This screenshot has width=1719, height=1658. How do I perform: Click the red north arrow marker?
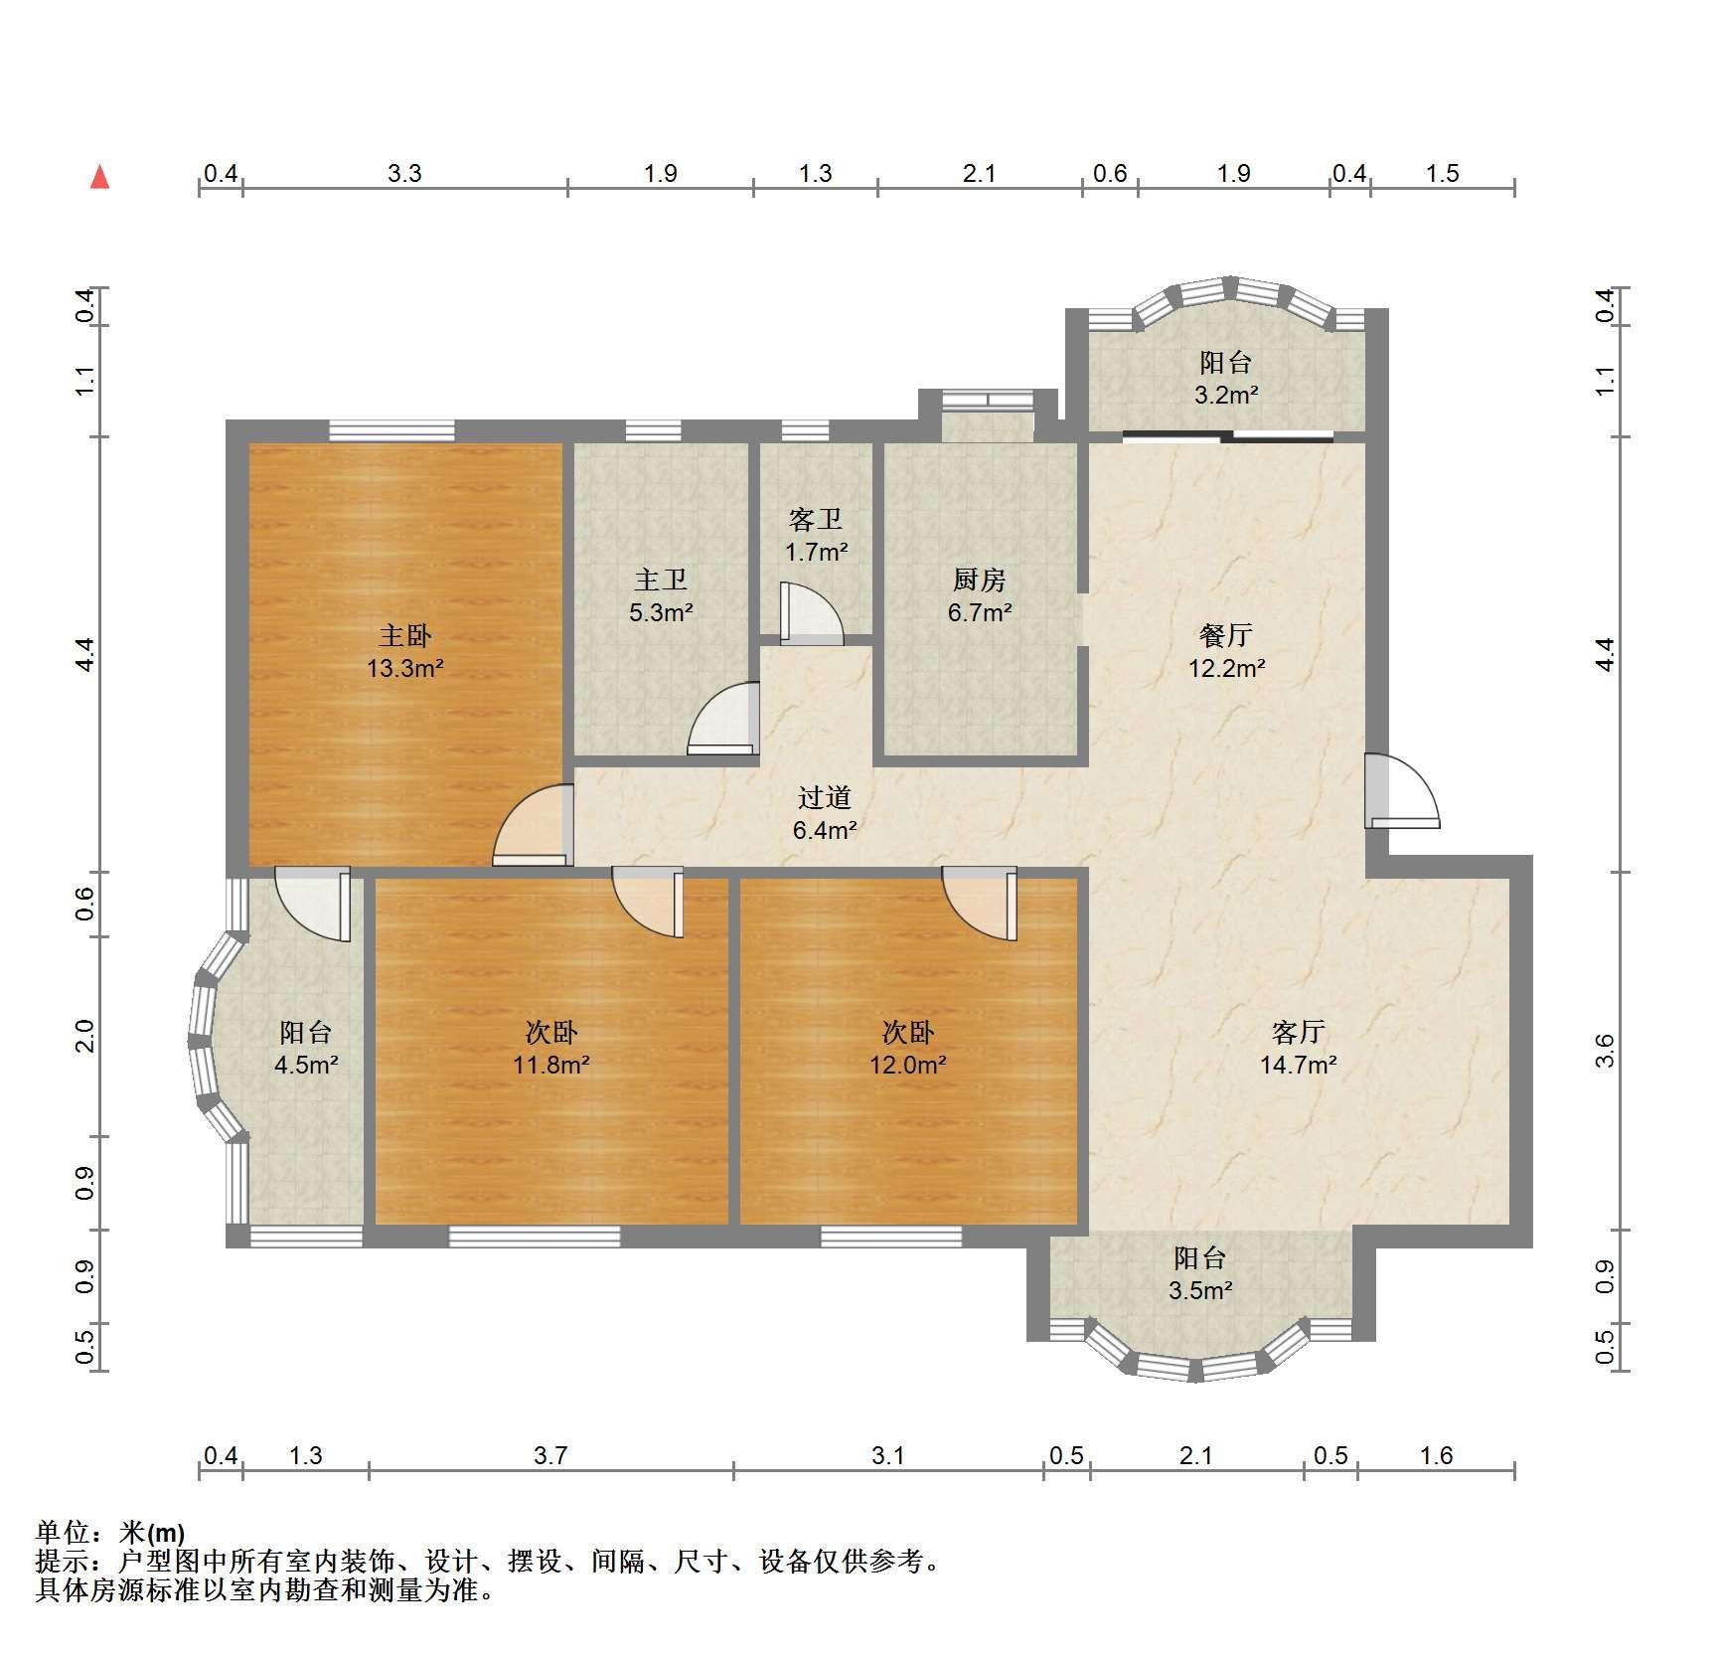click(99, 178)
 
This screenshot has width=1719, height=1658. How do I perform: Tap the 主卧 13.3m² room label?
click(405, 652)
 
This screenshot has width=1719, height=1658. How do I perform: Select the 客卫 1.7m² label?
click(816, 536)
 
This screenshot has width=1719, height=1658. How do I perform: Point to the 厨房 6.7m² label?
click(980, 595)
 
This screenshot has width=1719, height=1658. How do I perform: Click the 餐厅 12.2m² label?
click(1227, 651)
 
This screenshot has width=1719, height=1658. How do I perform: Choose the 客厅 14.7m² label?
click(1299, 1048)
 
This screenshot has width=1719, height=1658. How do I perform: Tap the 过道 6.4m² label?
click(825, 813)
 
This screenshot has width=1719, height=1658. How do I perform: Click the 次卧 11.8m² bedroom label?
click(551, 1048)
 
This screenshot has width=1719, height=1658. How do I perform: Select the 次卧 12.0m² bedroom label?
click(908, 1048)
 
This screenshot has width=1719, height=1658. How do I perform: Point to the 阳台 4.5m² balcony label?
click(306, 1048)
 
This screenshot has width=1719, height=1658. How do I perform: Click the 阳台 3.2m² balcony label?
click(1226, 378)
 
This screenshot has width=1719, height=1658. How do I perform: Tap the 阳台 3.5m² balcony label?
click(1200, 1273)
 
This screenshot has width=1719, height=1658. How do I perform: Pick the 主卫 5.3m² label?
click(661, 595)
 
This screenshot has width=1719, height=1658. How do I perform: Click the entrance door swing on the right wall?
click(1402, 791)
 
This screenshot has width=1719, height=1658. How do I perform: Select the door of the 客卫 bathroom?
click(811, 613)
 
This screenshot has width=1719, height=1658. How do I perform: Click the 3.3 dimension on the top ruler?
click(404, 174)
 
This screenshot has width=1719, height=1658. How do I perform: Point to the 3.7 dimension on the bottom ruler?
click(550, 1456)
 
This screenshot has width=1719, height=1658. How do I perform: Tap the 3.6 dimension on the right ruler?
click(1605, 1051)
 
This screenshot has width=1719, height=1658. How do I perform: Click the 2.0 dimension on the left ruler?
click(84, 1036)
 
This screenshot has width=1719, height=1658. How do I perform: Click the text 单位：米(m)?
click(110, 1534)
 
